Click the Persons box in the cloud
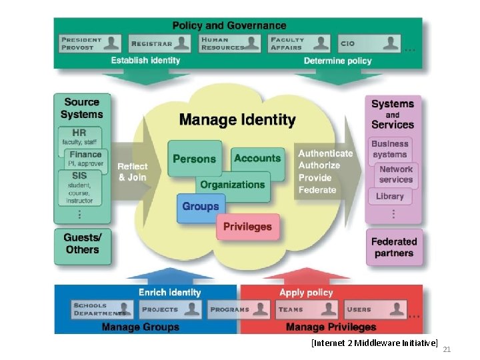(x=194, y=158)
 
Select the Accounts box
(x=257, y=158)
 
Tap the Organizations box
(x=233, y=185)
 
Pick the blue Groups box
(x=201, y=207)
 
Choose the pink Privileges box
(x=247, y=227)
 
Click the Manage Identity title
(x=237, y=120)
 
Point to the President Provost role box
(x=90, y=43)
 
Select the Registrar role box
(x=159, y=43)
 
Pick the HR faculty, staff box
(x=80, y=136)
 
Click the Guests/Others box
(x=82, y=243)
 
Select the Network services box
(x=396, y=174)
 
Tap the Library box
(x=390, y=196)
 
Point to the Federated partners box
(x=393, y=247)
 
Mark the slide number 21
(x=447, y=349)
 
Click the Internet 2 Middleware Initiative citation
(x=374, y=343)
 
